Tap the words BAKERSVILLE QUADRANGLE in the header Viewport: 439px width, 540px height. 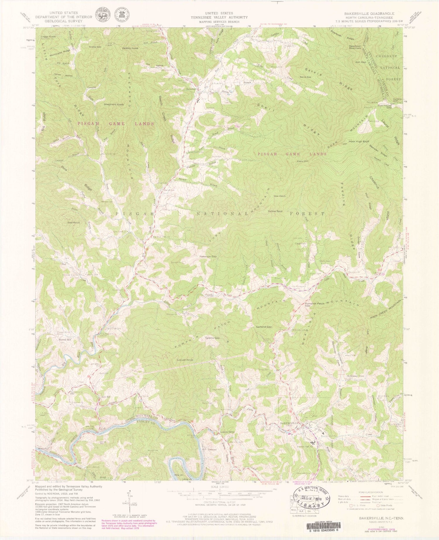[369, 14]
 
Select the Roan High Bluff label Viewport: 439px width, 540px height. [359, 141]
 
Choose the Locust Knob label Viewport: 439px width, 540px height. [185, 360]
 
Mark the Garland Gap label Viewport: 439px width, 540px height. [264, 327]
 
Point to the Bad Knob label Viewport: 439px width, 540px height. [73, 223]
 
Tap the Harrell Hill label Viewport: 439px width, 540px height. [65, 340]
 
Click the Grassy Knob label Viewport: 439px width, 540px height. [130, 48]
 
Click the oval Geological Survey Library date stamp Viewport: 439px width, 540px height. [312, 498]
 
